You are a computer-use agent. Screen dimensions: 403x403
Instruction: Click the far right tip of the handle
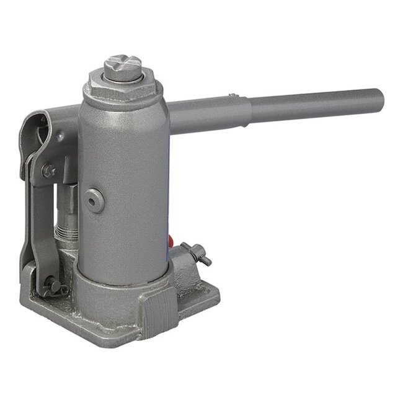click(x=379, y=99)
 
